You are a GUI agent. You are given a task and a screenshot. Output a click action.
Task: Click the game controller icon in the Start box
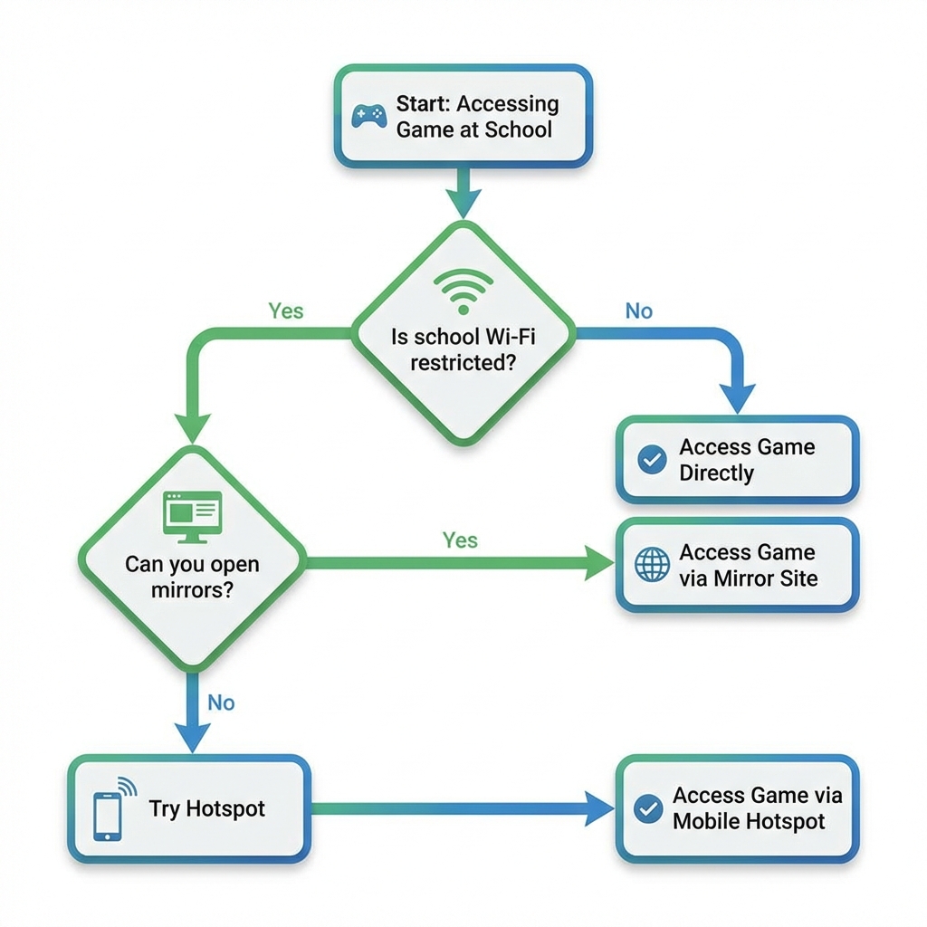click(x=369, y=117)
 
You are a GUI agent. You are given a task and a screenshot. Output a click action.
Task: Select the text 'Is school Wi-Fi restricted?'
click(x=463, y=349)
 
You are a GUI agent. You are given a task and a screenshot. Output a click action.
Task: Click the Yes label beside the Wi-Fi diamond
click(x=286, y=311)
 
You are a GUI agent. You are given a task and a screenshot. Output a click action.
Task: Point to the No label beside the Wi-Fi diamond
click(x=638, y=311)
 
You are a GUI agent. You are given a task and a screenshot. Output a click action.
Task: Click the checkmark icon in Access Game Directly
click(x=652, y=460)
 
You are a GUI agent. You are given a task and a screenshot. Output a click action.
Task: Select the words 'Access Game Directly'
click(x=747, y=460)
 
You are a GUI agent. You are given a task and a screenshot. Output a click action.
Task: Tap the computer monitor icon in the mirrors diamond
click(x=191, y=516)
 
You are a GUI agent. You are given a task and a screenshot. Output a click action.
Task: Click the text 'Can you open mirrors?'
click(x=192, y=578)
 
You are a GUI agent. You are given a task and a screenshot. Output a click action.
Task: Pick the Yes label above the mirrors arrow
click(x=460, y=540)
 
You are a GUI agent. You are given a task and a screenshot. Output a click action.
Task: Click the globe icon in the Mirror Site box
click(x=652, y=565)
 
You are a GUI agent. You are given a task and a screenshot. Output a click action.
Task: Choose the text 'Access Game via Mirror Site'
click(x=748, y=565)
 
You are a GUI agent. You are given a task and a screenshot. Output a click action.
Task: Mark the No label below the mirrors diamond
click(x=221, y=702)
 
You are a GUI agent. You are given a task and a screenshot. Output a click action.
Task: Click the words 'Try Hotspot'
click(x=207, y=808)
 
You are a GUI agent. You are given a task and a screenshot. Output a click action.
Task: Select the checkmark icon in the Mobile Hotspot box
click(x=648, y=808)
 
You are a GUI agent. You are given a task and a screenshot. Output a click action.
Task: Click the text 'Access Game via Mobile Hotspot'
click(x=757, y=808)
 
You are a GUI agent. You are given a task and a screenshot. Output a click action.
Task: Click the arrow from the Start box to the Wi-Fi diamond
click(x=463, y=192)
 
